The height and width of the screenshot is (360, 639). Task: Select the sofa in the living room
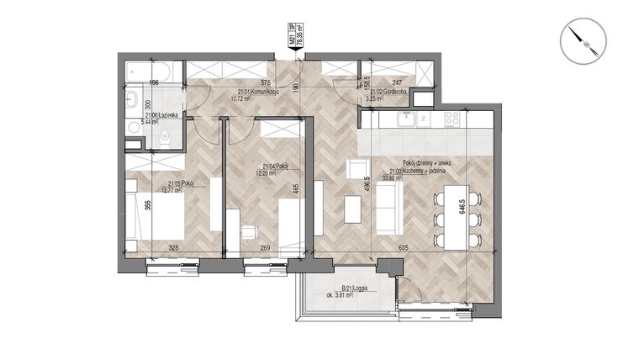(x=388, y=208)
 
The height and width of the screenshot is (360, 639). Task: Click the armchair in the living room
(x=356, y=168)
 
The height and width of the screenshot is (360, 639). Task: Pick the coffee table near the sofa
(x=351, y=207)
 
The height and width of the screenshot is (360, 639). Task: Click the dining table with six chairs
(x=450, y=218)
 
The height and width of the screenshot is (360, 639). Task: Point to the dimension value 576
(x=266, y=82)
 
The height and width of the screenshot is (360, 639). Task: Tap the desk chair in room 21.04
(x=250, y=234)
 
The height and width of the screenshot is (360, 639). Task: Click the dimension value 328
(x=172, y=247)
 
